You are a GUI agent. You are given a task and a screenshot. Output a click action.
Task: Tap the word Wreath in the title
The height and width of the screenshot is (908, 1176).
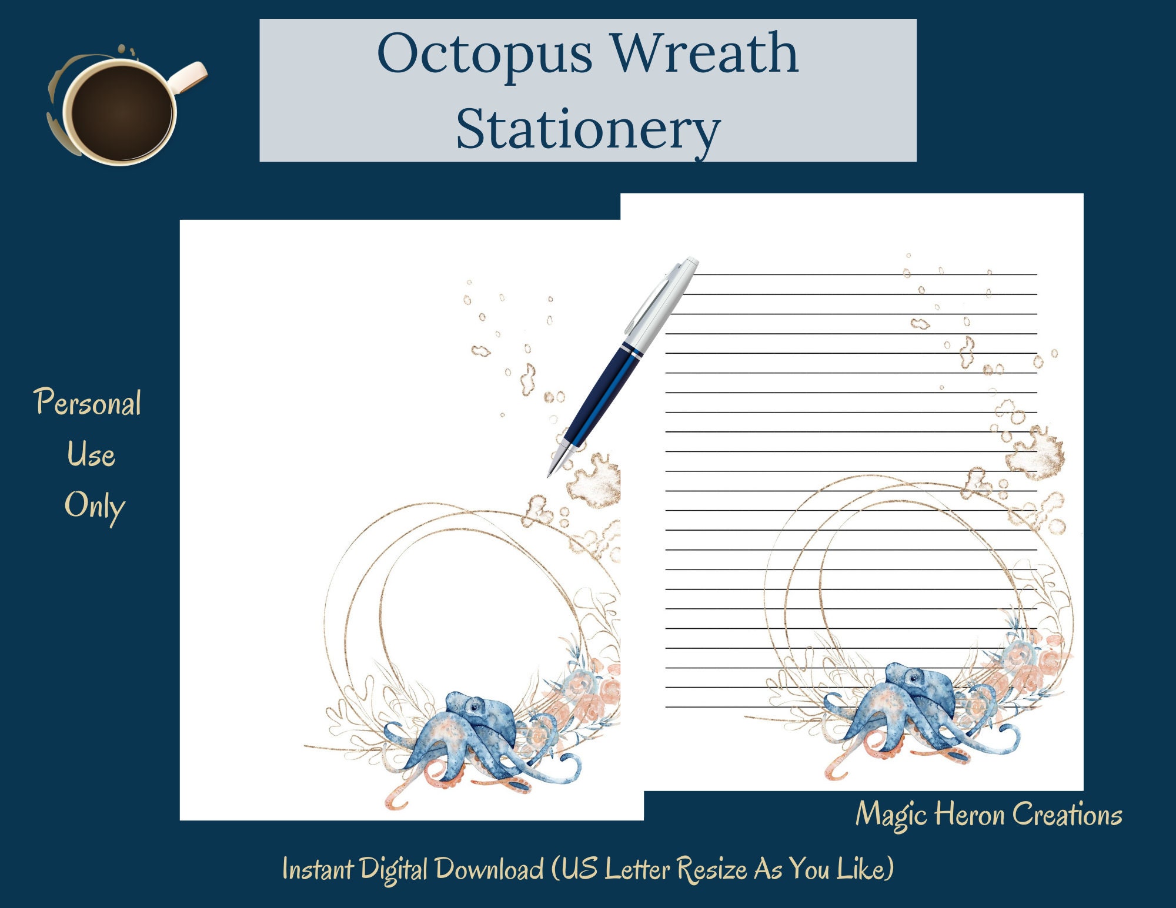(x=705, y=53)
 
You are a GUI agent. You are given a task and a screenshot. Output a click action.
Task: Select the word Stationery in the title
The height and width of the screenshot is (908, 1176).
(x=588, y=129)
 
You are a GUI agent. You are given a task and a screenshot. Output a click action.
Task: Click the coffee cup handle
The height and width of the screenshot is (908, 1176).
(x=189, y=76)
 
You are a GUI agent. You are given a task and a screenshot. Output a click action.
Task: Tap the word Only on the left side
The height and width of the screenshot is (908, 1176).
(x=94, y=506)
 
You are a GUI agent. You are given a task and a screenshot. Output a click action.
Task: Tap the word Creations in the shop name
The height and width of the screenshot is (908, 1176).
(x=1067, y=815)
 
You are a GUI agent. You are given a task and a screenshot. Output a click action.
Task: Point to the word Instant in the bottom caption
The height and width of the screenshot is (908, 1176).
(x=318, y=869)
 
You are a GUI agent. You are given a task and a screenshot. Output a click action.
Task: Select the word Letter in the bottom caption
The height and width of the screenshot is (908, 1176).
(x=637, y=869)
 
